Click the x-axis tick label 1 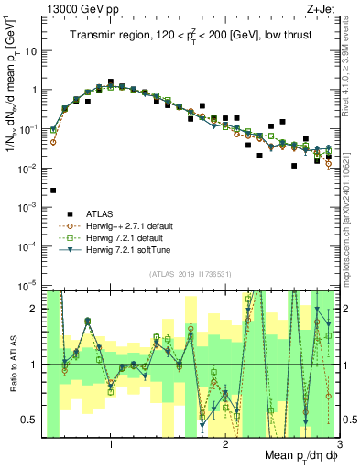tap(111, 447)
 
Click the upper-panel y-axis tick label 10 tap(31, 50)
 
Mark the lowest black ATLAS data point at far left tap(53, 191)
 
